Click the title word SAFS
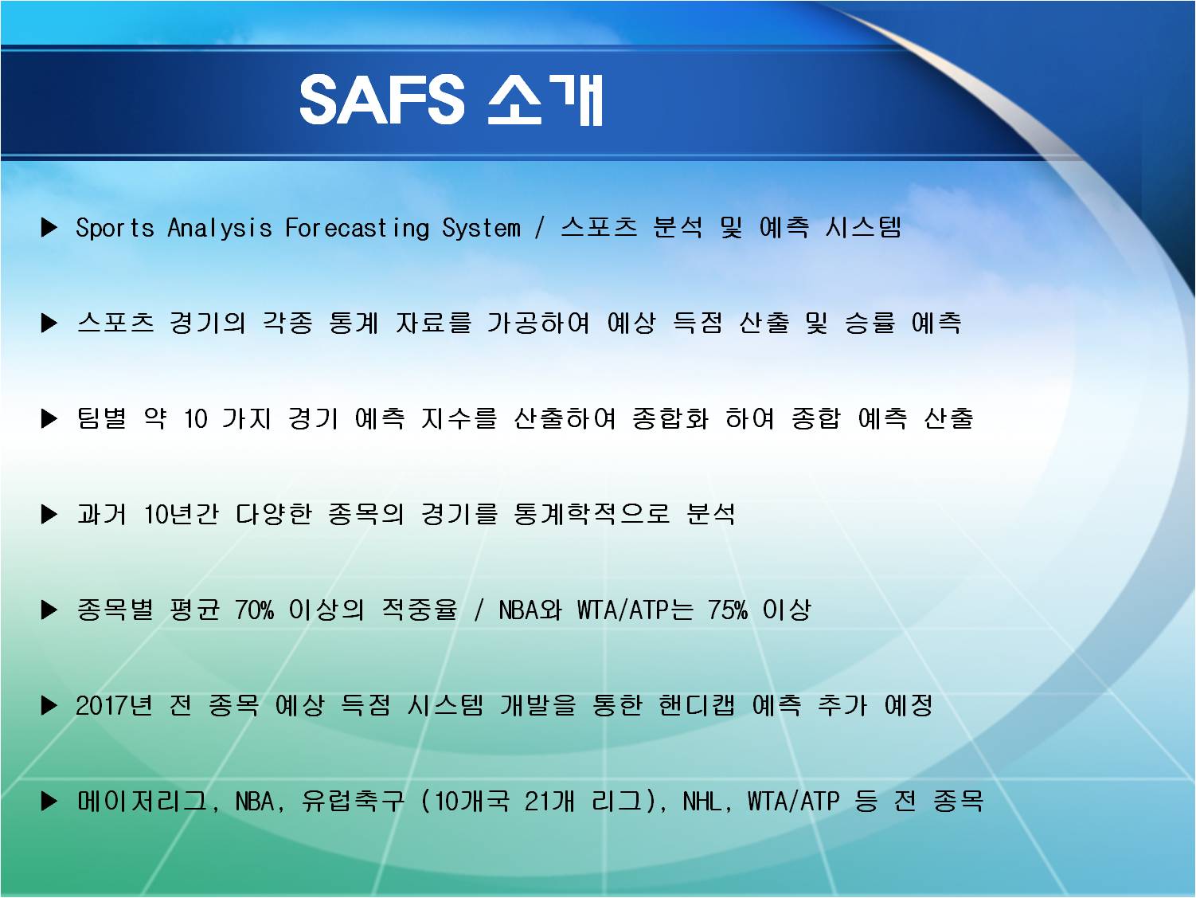click(381, 100)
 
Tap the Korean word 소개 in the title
click(545, 100)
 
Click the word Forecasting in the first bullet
click(358, 228)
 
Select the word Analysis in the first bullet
click(220, 228)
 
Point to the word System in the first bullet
click(481, 228)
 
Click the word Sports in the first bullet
click(115, 228)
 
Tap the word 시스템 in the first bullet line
click(863, 227)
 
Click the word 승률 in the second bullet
click(870, 323)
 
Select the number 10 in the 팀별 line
click(196, 419)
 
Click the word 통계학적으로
click(592, 514)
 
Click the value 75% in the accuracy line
click(728, 610)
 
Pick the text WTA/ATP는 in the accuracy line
click(635, 610)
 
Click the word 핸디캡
click(697, 705)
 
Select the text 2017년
click(114, 705)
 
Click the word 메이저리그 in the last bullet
click(143, 801)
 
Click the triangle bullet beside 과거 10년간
click(49, 514)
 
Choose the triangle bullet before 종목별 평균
click(49, 610)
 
